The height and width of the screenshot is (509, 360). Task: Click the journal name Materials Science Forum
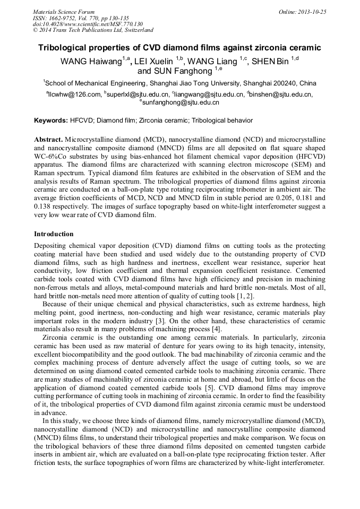pyautogui.click(x=64, y=12)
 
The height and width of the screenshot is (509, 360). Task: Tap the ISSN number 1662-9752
pyautogui.click(x=67, y=18)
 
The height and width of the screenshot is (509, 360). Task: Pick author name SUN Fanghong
pyautogui.click(x=175, y=71)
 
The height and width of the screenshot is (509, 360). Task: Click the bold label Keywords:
pyautogui.click(x=51, y=120)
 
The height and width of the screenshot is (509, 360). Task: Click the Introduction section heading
pyautogui.click(x=54, y=234)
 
